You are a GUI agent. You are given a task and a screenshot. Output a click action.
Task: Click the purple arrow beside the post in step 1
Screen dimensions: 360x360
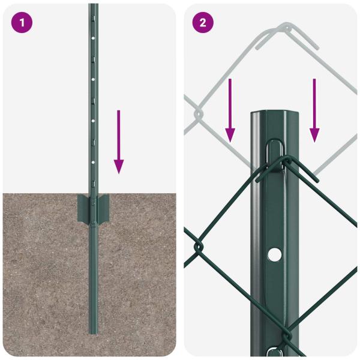[119, 142]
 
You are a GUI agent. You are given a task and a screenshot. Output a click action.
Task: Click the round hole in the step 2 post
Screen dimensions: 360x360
[274, 254]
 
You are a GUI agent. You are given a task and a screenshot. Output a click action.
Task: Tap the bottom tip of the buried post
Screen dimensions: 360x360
[93, 332]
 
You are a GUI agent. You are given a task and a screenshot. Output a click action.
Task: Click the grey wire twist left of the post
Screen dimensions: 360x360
[198, 112]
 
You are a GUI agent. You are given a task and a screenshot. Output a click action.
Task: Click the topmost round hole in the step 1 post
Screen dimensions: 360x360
[93, 37]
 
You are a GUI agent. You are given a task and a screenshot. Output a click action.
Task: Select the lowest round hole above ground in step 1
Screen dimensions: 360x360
[93, 161]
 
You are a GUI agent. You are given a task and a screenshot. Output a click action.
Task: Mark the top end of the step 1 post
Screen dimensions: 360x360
[93, 5]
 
